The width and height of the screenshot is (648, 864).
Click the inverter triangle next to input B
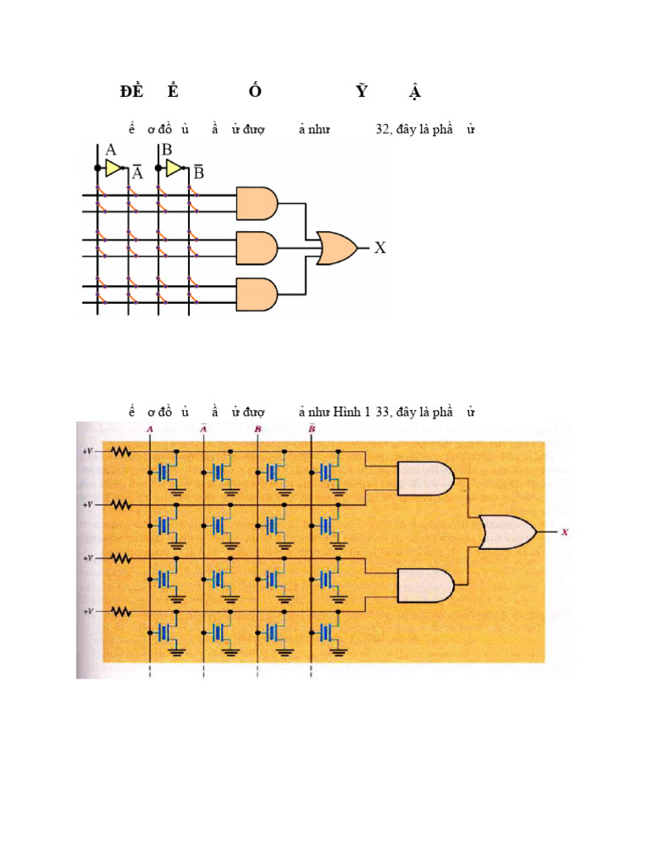click(x=174, y=168)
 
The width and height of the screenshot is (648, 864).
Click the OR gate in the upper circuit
click(x=336, y=248)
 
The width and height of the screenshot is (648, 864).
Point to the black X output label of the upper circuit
click(x=380, y=248)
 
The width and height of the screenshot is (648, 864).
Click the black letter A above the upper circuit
click(x=111, y=150)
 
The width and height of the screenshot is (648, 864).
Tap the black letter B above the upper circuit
click(x=167, y=150)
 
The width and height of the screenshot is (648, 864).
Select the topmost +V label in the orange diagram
click(x=88, y=451)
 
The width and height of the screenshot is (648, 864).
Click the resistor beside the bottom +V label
click(x=121, y=610)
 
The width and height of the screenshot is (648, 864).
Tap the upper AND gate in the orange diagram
click(x=425, y=478)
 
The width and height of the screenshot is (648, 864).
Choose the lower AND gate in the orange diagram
click(x=425, y=584)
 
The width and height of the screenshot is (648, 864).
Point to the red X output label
click(x=564, y=532)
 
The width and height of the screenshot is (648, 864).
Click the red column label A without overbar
click(x=149, y=429)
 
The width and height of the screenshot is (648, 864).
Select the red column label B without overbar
click(x=257, y=429)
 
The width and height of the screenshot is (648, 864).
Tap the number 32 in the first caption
click(x=382, y=130)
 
